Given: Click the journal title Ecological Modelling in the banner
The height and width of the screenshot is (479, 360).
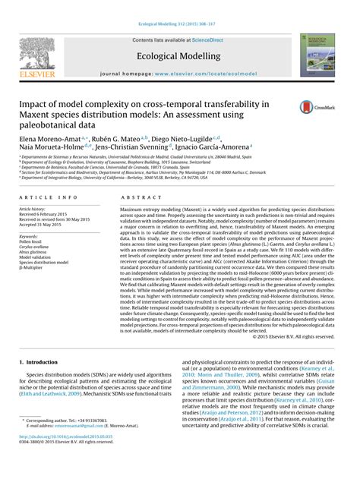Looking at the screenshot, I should click(179, 55).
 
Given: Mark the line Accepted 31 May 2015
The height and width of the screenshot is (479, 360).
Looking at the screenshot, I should click(47, 225).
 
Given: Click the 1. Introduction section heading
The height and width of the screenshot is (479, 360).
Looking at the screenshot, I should click(46, 363).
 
